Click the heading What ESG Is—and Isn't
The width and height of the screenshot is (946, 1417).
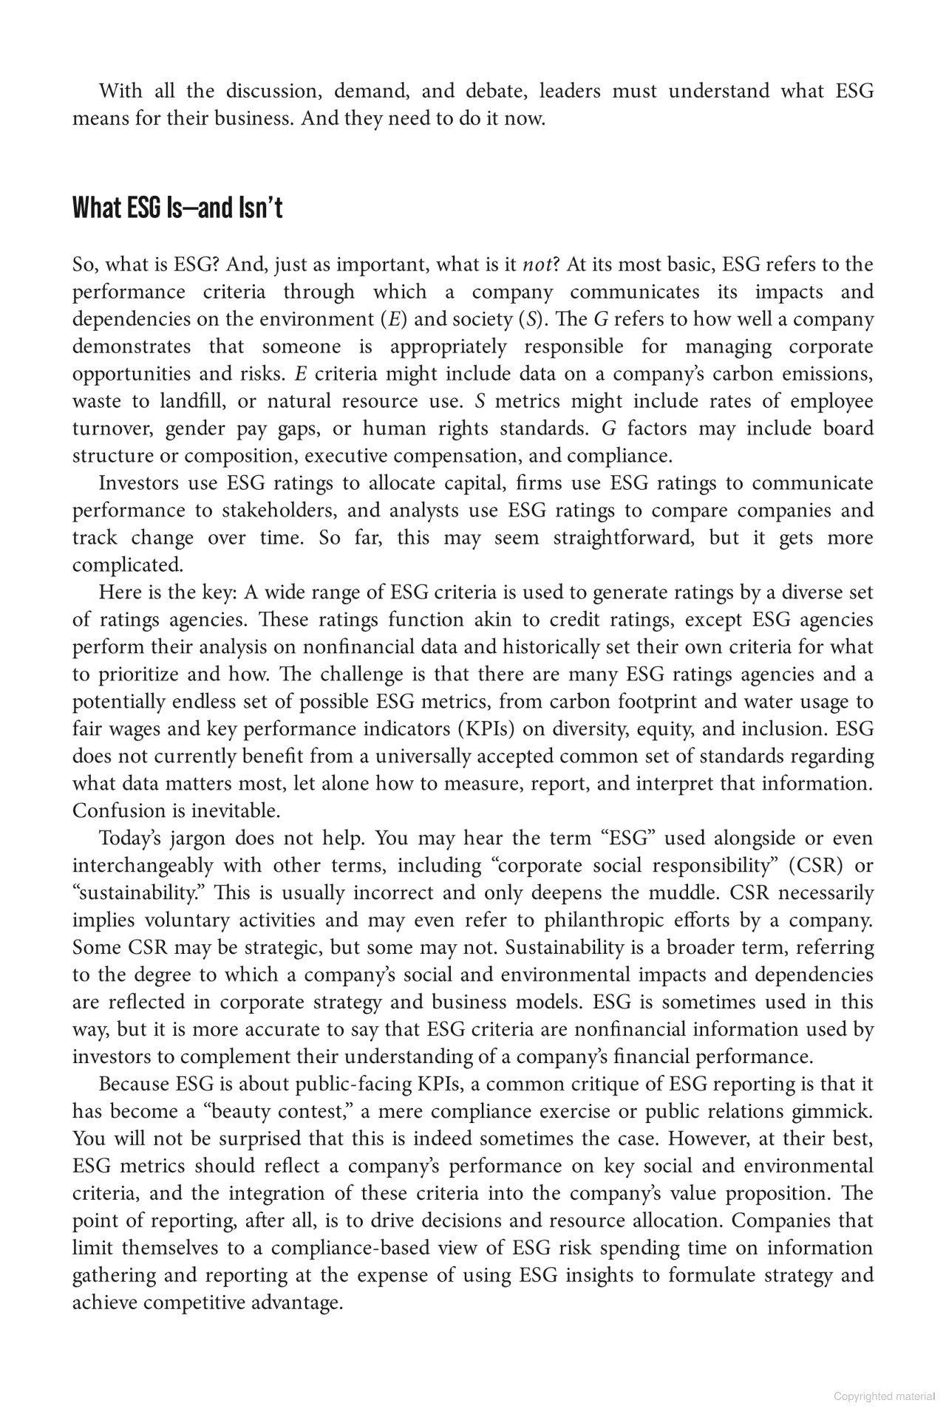(x=177, y=209)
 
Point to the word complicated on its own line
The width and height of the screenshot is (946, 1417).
(x=126, y=565)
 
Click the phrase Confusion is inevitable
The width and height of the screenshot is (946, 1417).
(x=176, y=811)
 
